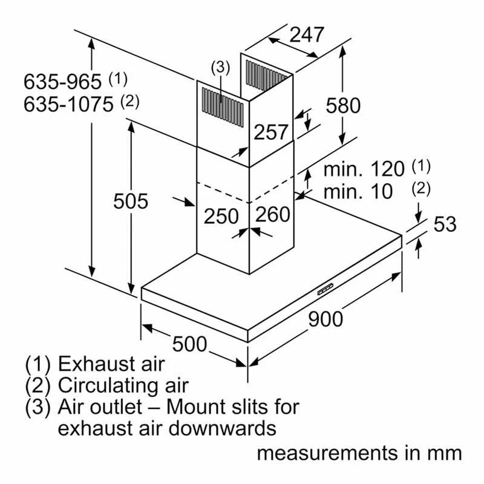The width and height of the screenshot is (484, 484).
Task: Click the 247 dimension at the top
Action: point(307,36)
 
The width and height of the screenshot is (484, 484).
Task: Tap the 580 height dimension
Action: point(342,105)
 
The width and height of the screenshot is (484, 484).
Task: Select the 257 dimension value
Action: point(270,132)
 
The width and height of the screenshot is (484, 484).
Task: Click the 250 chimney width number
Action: point(221,216)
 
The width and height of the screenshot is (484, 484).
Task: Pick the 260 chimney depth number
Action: point(272,214)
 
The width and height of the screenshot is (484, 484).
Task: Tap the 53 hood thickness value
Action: point(445,224)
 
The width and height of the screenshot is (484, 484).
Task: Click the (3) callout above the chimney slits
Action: point(221,68)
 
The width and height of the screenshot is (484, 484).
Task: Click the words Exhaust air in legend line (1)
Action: point(111,364)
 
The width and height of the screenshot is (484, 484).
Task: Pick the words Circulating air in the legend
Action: point(123,385)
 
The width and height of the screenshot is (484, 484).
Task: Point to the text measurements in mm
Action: point(359,453)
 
